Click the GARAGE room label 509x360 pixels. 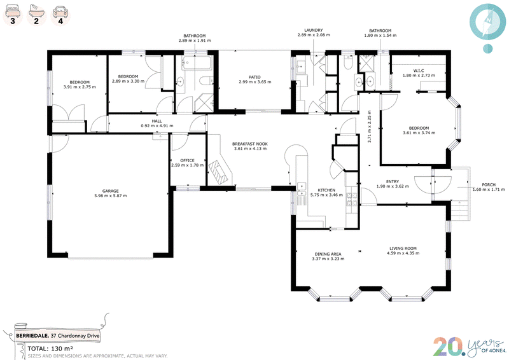tap(110, 191)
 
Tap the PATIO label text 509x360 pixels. tap(255, 77)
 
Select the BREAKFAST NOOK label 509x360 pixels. tap(250, 144)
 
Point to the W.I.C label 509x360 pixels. tap(419, 71)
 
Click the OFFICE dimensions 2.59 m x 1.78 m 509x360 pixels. tap(187, 165)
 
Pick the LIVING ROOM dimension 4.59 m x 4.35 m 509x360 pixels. tap(403, 253)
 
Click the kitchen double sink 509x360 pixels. tap(302, 190)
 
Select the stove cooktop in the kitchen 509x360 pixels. tap(352, 199)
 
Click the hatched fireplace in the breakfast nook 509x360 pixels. tap(220, 172)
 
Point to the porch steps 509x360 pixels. tap(460, 211)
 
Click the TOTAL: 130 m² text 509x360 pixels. tap(50, 349)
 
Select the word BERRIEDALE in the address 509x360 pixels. tap(32, 336)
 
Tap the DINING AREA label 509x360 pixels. tap(328, 254)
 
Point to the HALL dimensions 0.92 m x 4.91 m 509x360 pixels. tap(157, 126)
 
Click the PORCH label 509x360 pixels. tap(489, 184)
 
